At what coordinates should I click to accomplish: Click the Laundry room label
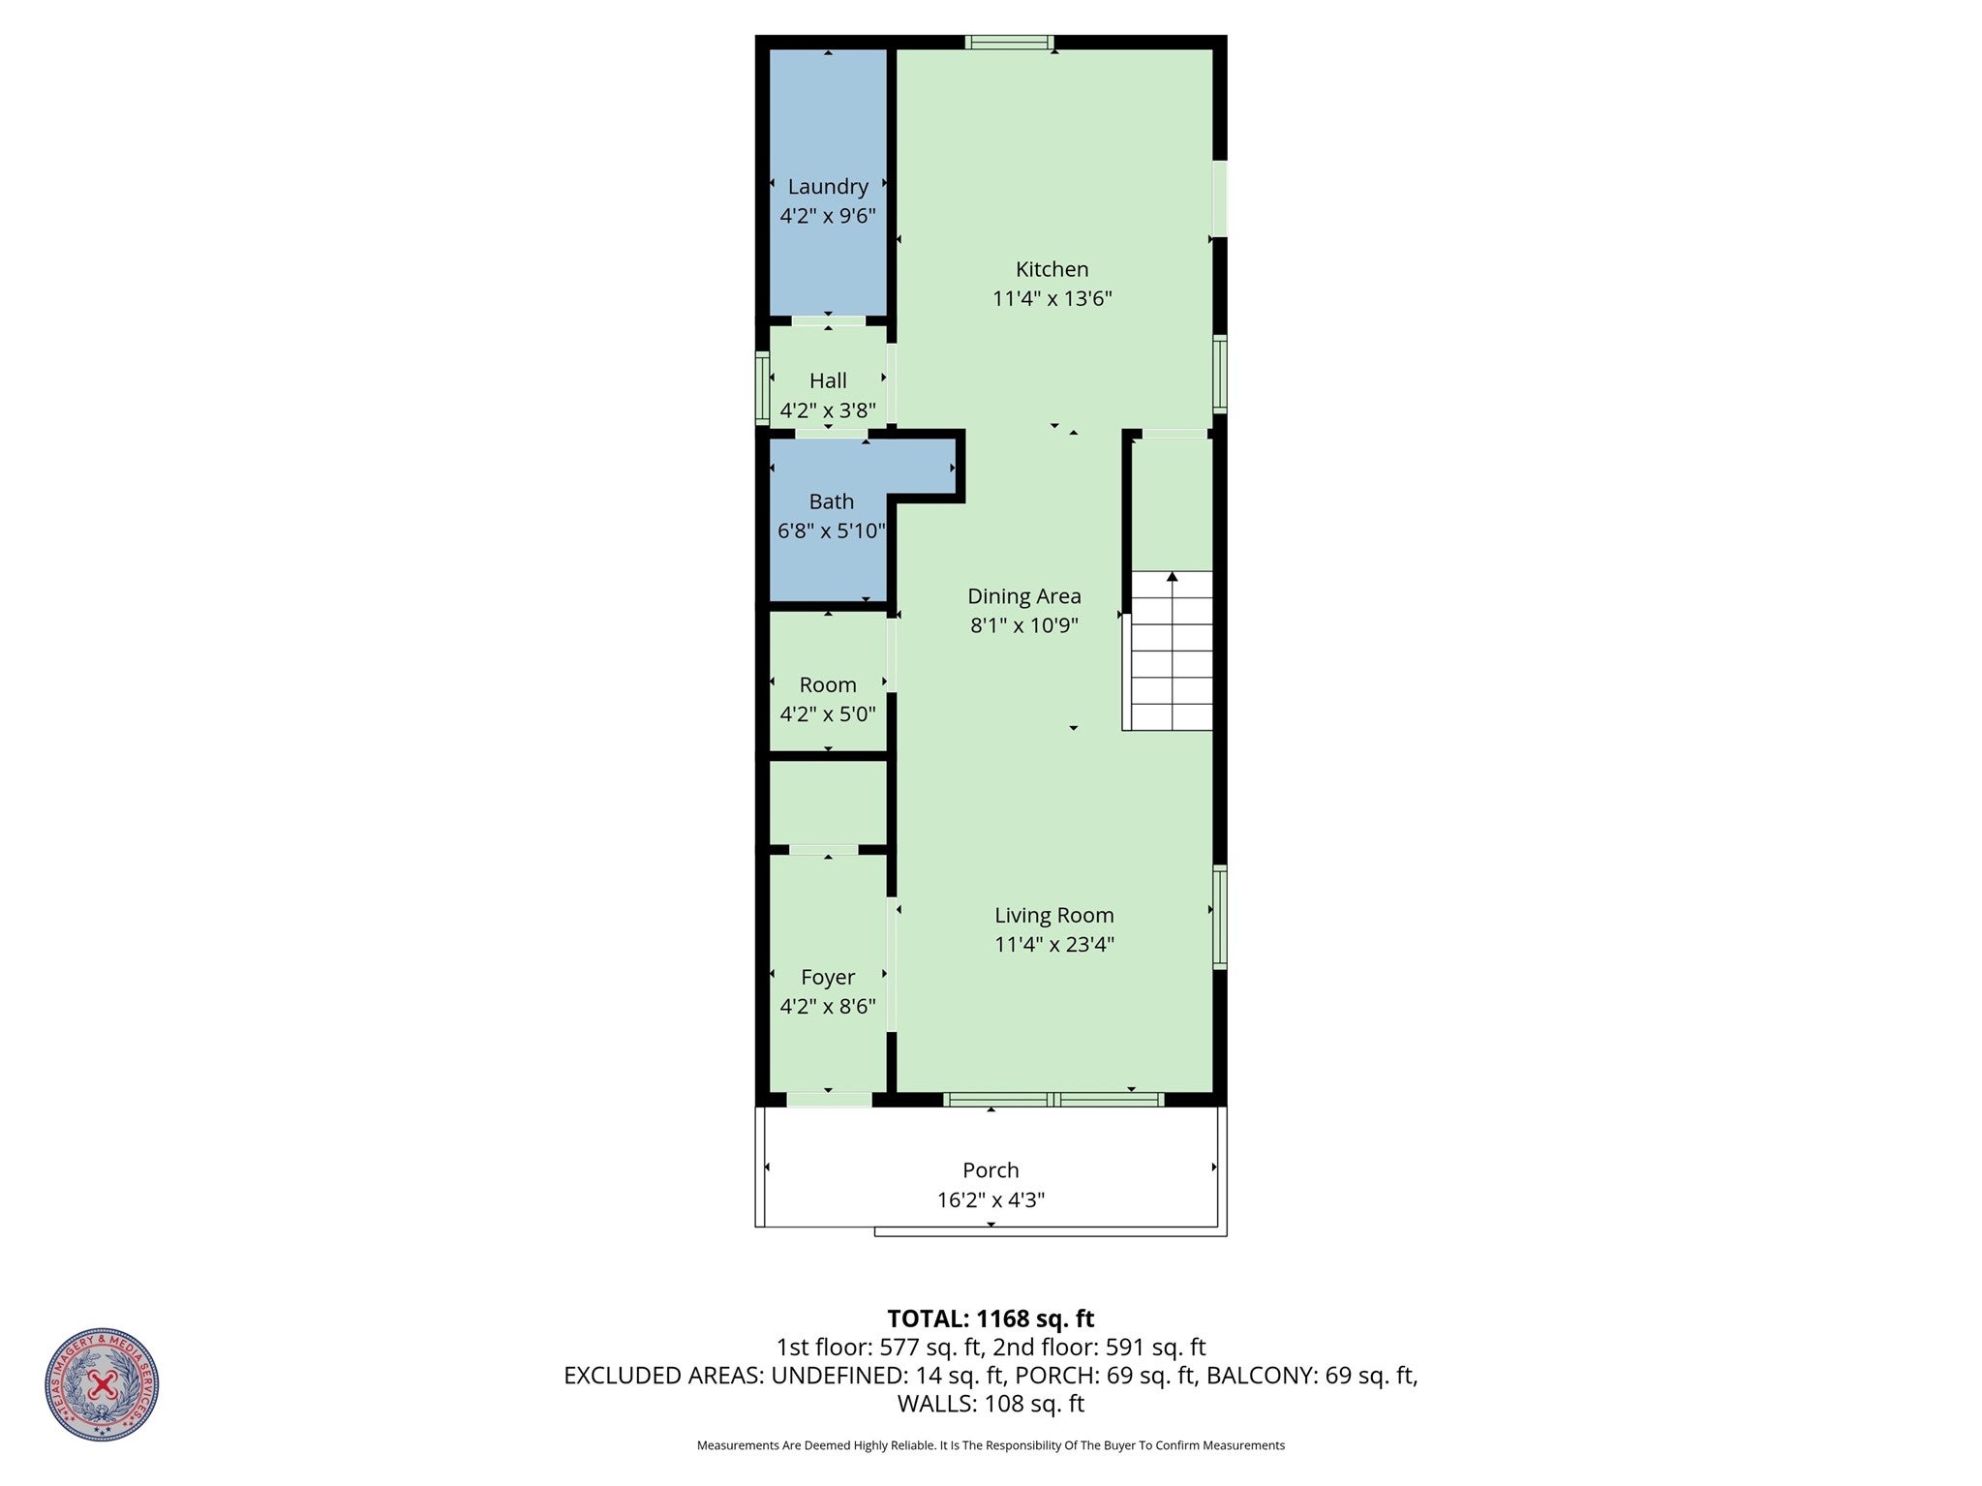click(x=827, y=186)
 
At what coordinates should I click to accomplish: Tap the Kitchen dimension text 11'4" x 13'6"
click(x=1052, y=298)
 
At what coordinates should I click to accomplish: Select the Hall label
click(x=827, y=380)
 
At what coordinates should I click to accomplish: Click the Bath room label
click(x=831, y=501)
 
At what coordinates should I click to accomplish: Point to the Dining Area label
click(x=1023, y=596)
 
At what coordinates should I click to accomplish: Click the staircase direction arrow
click(x=1172, y=577)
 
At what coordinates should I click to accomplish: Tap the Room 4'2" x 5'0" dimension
click(x=827, y=714)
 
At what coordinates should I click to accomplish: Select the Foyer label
click(x=827, y=977)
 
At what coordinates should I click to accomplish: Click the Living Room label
click(x=1053, y=915)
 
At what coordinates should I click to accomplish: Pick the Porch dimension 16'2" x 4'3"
click(x=990, y=1200)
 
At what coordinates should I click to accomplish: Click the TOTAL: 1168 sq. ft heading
click(x=990, y=1319)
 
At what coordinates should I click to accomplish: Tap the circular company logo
click(x=102, y=1384)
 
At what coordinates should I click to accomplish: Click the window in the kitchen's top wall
click(x=1008, y=42)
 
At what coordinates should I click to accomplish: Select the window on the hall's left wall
click(x=762, y=388)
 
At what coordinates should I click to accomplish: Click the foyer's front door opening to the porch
click(x=829, y=1099)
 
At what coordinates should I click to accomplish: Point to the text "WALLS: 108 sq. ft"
click(x=990, y=1404)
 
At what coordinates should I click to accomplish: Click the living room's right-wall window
click(x=1220, y=916)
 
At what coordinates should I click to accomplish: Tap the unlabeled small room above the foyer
click(x=827, y=802)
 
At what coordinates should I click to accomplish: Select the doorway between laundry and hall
click(x=828, y=320)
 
